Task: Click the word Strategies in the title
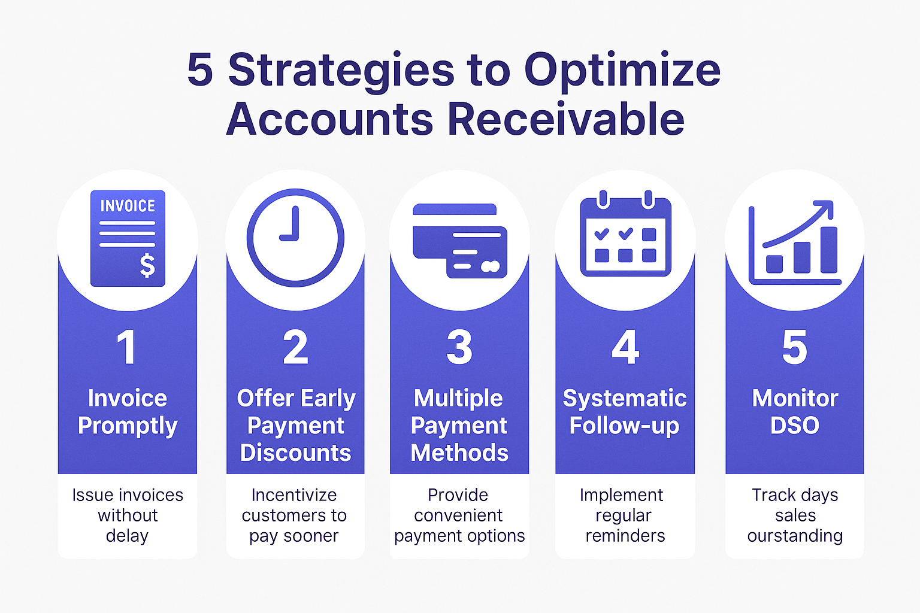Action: click(342, 71)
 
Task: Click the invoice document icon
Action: click(128, 239)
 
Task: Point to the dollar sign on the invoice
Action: click(147, 265)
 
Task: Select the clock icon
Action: click(295, 238)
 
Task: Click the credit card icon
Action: click(460, 241)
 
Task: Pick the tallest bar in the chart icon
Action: click(828, 250)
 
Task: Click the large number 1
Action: click(126, 347)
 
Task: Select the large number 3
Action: click(459, 347)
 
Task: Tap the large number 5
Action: click(794, 347)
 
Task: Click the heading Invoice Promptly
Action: click(128, 412)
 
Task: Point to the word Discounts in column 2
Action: click(295, 453)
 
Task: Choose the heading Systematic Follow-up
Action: click(625, 412)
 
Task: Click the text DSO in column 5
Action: click(794, 426)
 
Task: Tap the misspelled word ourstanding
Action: click(795, 536)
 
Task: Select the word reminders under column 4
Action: click(625, 536)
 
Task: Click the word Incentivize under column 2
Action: click(294, 495)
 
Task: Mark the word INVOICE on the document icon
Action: click(128, 207)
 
